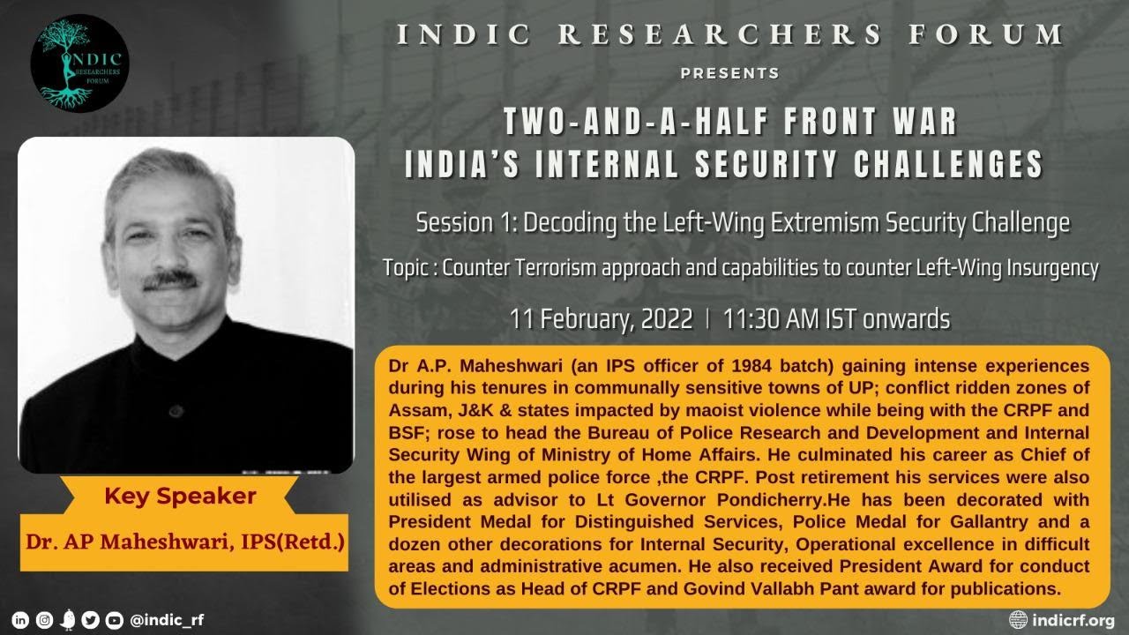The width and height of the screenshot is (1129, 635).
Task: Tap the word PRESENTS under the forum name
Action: point(729,73)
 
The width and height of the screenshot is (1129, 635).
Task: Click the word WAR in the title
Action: point(923,123)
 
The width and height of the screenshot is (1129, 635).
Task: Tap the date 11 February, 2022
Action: point(602,319)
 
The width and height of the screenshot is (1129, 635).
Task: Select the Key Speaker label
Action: point(180,497)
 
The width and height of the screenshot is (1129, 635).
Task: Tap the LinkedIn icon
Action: point(21,620)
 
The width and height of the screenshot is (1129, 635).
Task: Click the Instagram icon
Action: point(44,620)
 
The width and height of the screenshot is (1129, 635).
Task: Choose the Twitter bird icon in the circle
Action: point(90,620)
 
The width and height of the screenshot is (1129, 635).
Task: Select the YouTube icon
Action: point(114,620)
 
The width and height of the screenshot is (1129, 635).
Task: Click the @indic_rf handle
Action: point(167,620)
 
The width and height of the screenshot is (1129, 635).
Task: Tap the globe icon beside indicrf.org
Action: point(1019,619)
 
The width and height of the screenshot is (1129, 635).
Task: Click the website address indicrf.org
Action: point(1073,619)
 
